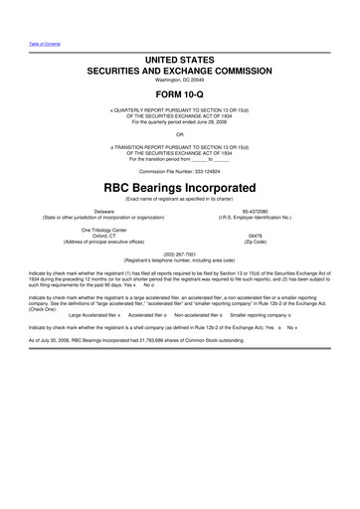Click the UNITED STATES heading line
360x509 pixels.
click(x=180, y=61)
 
